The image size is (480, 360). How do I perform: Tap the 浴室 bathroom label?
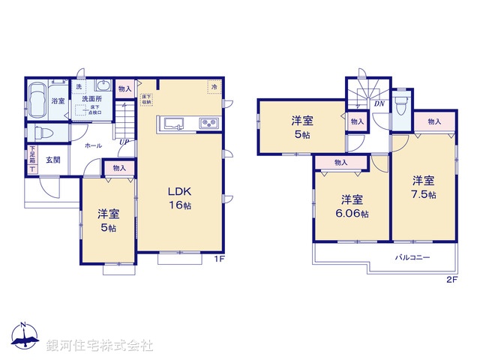coord(57,100)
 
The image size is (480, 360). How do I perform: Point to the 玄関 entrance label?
coord(52,159)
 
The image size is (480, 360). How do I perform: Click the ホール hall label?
coord(93,145)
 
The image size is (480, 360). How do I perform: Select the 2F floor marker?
coord(451,279)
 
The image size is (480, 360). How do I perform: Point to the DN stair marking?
coord(379,104)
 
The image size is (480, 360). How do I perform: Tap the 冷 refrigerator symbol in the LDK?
coord(214,86)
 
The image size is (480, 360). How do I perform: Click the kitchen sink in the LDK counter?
coord(171,124)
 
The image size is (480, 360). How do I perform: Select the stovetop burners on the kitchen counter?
coord(207,124)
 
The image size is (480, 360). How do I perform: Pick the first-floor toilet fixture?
coord(43,133)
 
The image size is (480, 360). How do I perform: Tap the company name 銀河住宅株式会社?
coord(100,346)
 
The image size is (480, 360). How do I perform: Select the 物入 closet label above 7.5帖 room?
coord(433,121)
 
